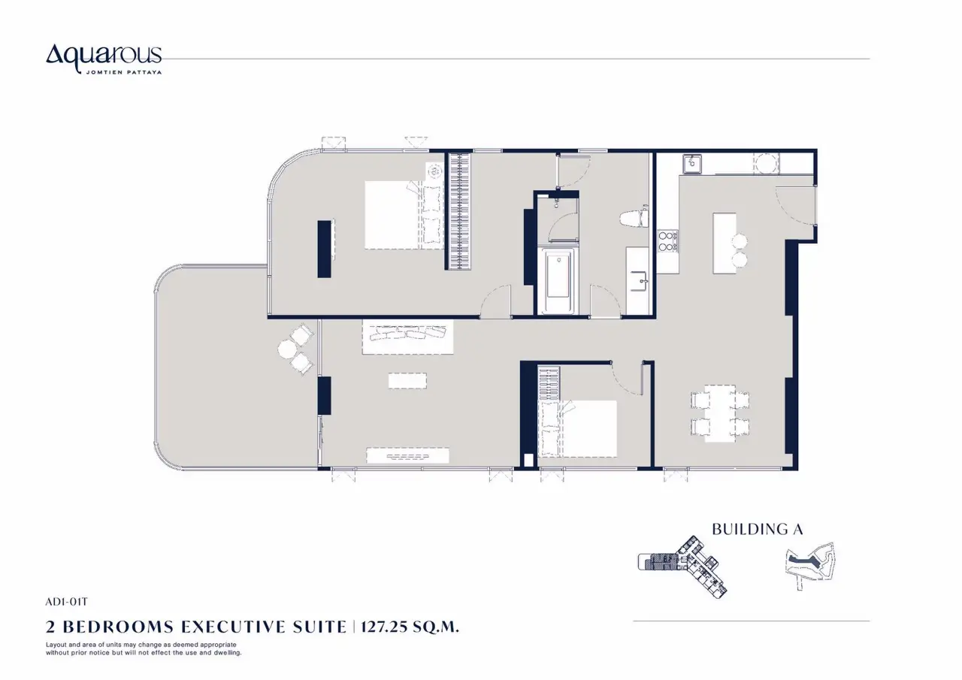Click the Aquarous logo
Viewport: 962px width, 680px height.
(104, 59)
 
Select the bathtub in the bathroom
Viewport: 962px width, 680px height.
(558, 280)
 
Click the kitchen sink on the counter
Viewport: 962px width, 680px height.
(692, 164)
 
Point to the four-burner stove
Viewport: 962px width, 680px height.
(667, 241)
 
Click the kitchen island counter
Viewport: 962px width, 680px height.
(725, 243)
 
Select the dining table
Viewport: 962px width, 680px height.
(720, 413)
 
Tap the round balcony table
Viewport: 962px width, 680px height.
(286, 349)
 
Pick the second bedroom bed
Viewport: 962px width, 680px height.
(578, 428)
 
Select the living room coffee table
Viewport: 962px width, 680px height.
(407, 381)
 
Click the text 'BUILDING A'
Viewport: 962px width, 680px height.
(758, 529)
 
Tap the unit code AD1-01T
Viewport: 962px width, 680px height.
(67, 602)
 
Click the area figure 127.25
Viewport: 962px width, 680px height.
(384, 627)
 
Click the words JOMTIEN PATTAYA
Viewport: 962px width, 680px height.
(124, 72)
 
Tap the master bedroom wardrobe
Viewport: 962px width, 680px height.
(459, 211)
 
